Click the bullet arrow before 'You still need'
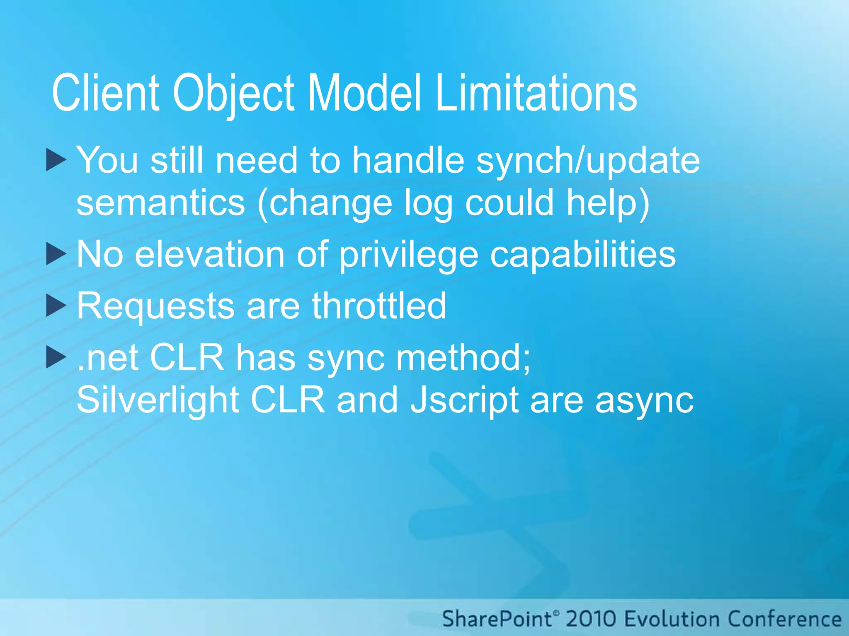pos(56,160)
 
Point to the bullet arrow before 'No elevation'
pos(56,254)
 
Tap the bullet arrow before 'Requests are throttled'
pos(56,306)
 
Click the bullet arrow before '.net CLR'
pos(56,357)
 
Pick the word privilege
pos(408,255)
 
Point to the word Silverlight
pos(158,400)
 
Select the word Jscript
pos(464,400)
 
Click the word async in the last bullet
pos(644,401)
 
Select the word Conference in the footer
pos(784,619)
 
